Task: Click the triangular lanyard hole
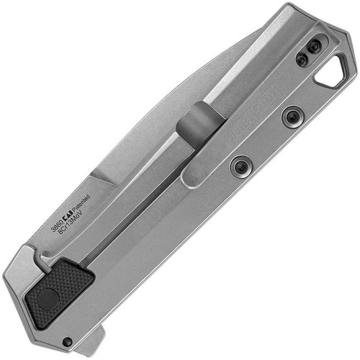point(333,71)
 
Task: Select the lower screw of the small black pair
point(302,60)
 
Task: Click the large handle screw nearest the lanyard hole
point(292,115)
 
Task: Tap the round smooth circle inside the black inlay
point(49,298)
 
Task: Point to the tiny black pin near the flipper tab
point(67,342)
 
